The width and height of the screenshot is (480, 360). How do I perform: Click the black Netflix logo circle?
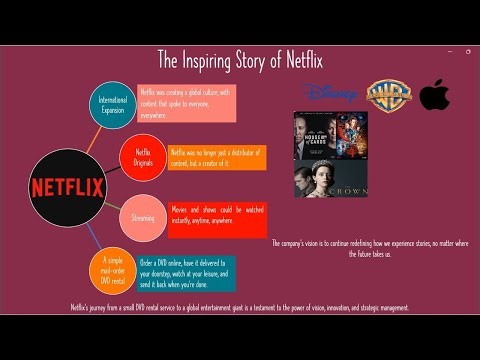coord(67,186)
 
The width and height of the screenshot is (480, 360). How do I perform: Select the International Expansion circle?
coord(113,105)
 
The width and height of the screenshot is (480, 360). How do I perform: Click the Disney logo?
coord(329,93)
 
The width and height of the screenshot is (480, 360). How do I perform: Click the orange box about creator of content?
coord(210,157)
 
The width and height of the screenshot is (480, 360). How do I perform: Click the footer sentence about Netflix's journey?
coord(240,308)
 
